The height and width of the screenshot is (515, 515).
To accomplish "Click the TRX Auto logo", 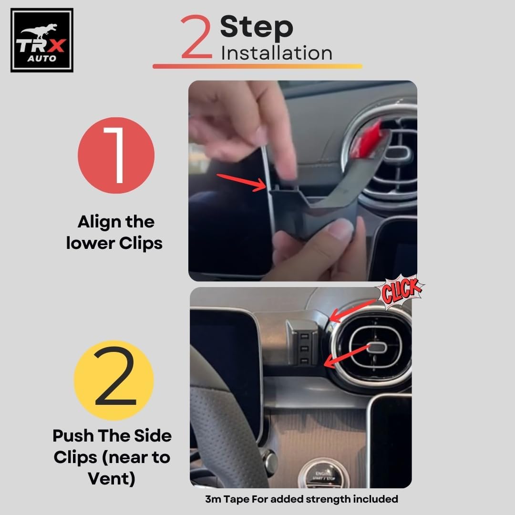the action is (x=41, y=40).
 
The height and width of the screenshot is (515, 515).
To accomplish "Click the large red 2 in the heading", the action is (x=196, y=37).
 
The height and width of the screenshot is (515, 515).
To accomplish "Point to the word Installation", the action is (x=277, y=53).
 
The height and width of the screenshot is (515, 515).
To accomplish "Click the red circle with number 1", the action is (x=116, y=155).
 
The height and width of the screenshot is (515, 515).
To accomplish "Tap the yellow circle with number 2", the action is (x=113, y=381).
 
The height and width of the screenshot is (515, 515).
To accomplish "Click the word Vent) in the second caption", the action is (x=112, y=479).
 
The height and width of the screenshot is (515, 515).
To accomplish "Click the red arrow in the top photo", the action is (x=241, y=182).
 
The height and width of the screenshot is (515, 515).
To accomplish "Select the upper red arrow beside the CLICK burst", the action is (x=353, y=310).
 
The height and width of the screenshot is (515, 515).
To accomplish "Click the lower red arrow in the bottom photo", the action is (x=347, y=355).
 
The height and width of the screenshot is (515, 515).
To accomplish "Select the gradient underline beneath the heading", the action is (x=257, y=66).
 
